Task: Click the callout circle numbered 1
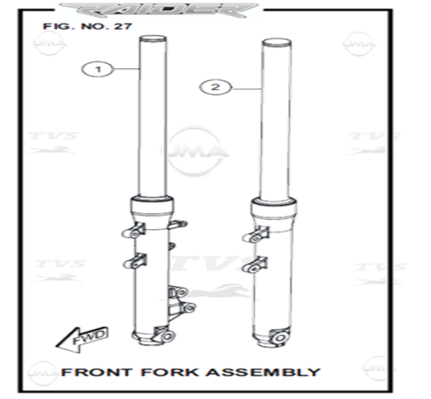[98, 69]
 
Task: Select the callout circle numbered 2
[215, 88]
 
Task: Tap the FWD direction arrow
[82, 339]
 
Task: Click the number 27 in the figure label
[123, 26]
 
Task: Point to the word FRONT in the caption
[97, 372]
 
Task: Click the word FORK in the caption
[169, 372]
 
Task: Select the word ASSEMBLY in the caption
[263, 372]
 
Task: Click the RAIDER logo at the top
[159, 10]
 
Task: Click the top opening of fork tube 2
[277, 42]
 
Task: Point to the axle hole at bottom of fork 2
[279, 338]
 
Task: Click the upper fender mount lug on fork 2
[255, 235]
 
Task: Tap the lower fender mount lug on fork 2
[254, 265]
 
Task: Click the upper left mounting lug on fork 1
[134, 231]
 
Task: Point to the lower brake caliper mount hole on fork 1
[190, 308]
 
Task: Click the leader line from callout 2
[247, 89]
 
